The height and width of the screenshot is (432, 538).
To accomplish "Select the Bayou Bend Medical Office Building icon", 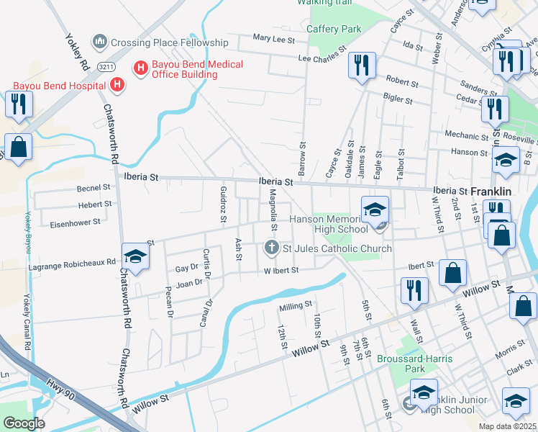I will (140, 68).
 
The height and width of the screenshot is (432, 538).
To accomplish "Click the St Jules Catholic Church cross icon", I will (272, 248).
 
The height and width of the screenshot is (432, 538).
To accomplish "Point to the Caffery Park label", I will (333, 29).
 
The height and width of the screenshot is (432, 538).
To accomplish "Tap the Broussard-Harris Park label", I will (405, 362).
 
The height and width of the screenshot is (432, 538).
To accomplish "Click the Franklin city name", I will (491, 192).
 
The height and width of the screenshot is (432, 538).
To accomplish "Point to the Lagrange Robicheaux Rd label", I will (72, 264).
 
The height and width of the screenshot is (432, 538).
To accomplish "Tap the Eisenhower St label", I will (75, 223).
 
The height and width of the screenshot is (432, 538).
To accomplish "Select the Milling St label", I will (296, 308).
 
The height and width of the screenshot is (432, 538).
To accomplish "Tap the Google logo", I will (24, 423).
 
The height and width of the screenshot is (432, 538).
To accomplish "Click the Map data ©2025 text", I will (508, 426).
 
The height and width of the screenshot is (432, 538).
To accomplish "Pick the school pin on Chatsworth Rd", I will (135, 257).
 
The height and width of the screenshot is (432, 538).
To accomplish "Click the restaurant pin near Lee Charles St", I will (362, 66).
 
